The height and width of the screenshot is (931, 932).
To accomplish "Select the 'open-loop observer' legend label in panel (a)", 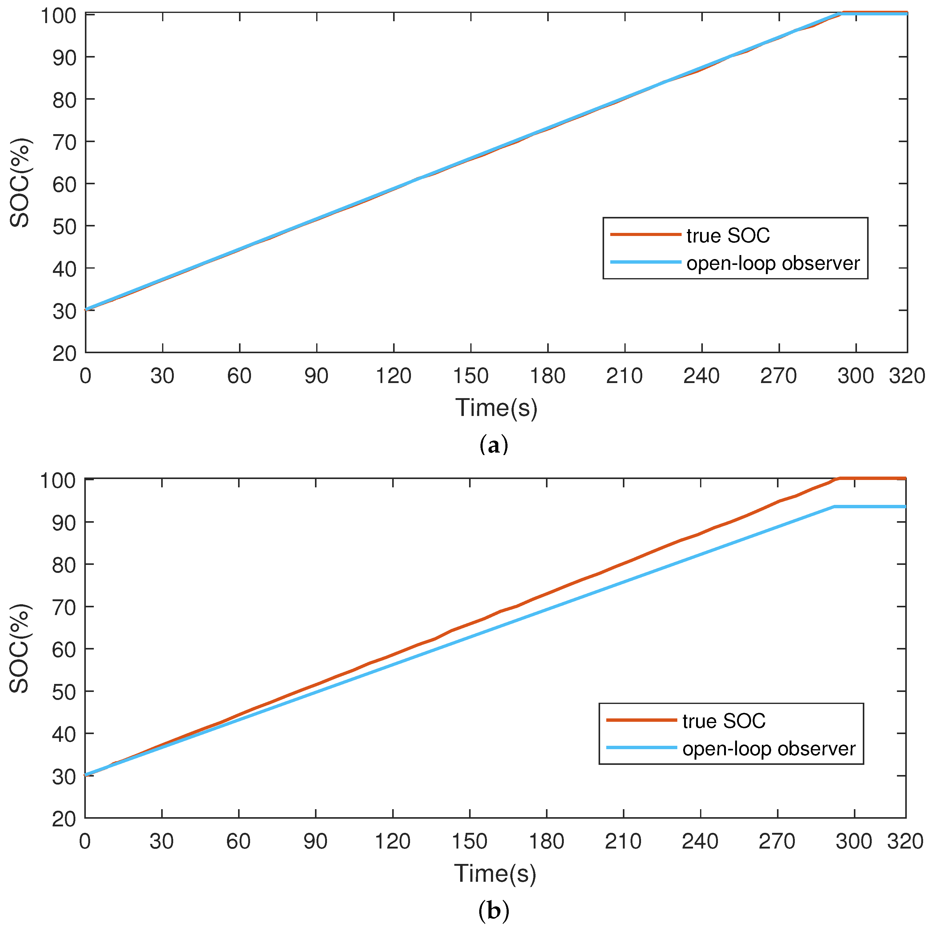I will [x=773, y=264].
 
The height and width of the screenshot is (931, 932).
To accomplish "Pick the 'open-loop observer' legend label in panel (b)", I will [x=769, y=749].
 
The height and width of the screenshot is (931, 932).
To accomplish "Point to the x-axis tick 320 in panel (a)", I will [x=907, y=376].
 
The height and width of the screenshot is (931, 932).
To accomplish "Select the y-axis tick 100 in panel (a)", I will [x=58, y=15].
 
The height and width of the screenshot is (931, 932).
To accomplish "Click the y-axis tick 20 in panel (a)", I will [x=65, y=354].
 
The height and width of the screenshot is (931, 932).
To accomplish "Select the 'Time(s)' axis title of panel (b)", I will [x=495, y=873].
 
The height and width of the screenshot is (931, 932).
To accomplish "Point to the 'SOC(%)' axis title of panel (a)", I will [x=20, y=183].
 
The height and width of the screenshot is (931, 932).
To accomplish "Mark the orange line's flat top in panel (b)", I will [x=873, y=478].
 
